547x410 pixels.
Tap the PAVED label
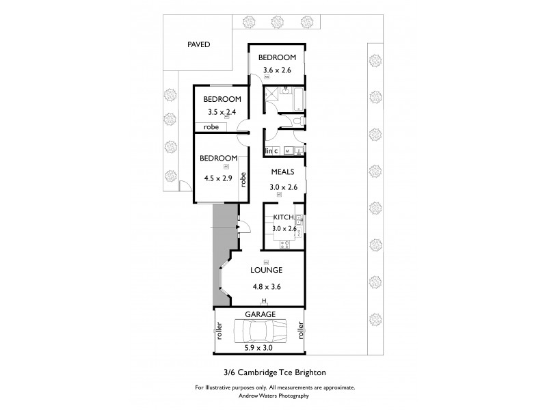click(x=198, y=45)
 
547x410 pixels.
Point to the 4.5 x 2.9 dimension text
click(x=217, y=178)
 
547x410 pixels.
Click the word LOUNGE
click(x=267, y=270)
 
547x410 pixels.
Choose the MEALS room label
click(x=282, y=172)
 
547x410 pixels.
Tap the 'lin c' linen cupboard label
click(x=271, y=150)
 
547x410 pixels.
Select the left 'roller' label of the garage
click(x=219, y=331)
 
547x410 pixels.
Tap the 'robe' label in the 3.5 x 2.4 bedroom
click(x=211, y=127)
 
